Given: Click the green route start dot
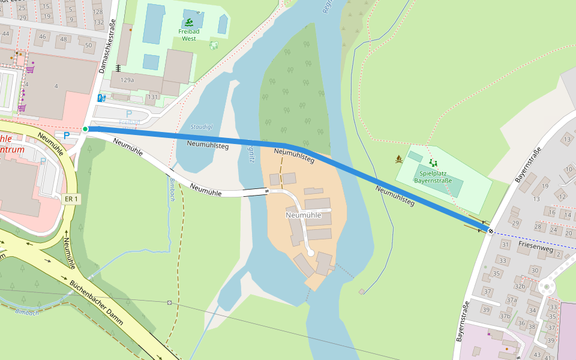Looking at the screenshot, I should point(86,129).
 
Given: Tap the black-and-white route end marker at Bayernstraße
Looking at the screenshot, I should point(490,230).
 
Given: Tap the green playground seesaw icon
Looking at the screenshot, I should point(433,162).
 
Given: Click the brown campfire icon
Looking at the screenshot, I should point(398,160).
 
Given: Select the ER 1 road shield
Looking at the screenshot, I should point(71,199).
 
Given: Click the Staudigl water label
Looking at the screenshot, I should point(201,127).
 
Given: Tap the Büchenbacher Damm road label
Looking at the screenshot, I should point(97,302).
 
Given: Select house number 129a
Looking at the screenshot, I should point(127,80).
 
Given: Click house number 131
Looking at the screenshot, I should point(153,97).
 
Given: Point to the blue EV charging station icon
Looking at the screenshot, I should point(101,97).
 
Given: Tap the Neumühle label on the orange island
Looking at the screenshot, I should point(304,215).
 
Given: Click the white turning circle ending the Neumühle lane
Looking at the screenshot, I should point(311,253).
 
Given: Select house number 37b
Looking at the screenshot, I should point(505,316).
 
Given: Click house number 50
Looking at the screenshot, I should point(88,45).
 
